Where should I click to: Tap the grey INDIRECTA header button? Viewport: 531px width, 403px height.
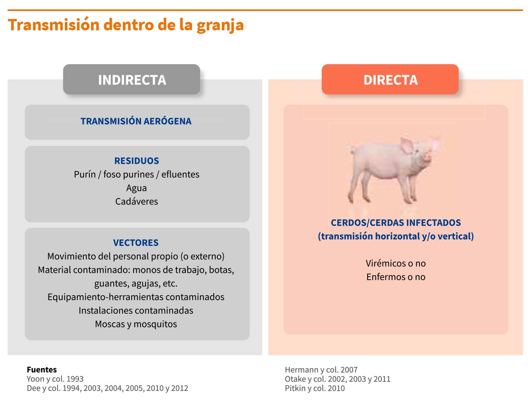tap(132, 79)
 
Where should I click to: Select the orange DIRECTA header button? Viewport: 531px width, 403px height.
tap(390, 79)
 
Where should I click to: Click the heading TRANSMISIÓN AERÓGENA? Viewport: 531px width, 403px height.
tap(136, 121)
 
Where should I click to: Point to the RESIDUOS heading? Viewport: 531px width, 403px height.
tap(137, 161)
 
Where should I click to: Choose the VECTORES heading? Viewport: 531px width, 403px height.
tap(136, 242)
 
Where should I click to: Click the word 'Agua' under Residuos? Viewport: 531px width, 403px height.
tap(137, 188)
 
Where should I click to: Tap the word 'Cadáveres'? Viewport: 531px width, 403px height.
tap(137, 201)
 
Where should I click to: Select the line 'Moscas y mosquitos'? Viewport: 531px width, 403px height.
tap(136, 324)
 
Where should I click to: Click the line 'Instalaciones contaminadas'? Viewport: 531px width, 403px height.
tap(136, 310)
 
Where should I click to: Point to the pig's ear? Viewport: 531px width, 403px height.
tap(407, 146)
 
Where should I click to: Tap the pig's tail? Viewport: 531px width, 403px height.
tap(350, 150)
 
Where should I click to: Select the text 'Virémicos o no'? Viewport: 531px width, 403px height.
tap(396, 263)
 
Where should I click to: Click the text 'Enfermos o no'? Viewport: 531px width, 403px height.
tap(396, 277)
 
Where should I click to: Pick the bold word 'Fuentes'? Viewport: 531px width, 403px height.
tap(42, 370)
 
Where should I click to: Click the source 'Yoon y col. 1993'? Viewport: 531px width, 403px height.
tap(55, 379)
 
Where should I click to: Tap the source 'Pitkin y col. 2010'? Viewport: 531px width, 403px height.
tap(315, 388)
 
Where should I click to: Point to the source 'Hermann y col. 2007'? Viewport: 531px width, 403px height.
tap(321, 370)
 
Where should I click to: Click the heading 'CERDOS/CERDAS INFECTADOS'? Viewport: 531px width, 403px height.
tap(396, 223)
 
